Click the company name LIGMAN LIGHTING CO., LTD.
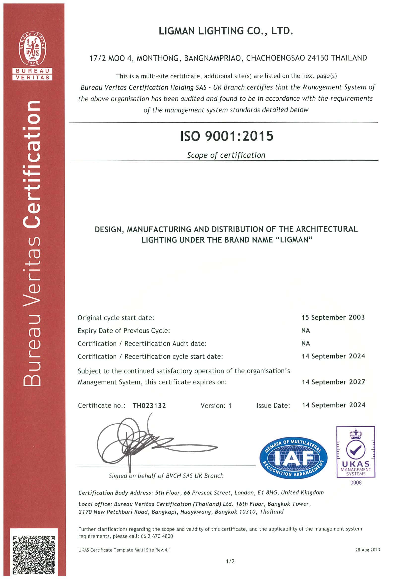(x=226, y=31)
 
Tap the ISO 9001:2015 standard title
(x=227, y=136)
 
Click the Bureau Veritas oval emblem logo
(x=32, y=49)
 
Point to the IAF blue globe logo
(x=293, y=458)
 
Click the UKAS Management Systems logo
(x=356, y=452)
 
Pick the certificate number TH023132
(x=149, y=406)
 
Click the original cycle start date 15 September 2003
(x=333, y=317)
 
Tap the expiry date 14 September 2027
(x=333, y=382)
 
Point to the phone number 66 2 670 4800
(x=157, y=536)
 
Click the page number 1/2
(x=230, y=561)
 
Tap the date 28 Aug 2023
(x=367, y=550)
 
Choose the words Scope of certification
(x=226, y=155)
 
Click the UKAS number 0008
(x=356, y=483)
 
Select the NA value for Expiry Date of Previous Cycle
(x=305, y=330)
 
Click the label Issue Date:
(x=273, y=406)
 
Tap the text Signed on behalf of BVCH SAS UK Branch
(x=166, y=476)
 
